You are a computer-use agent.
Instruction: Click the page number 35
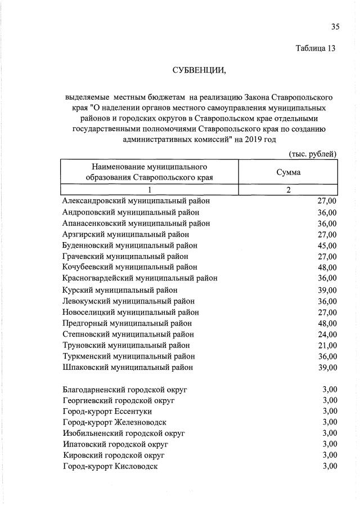point(335,27)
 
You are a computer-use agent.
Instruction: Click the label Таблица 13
point(316,48)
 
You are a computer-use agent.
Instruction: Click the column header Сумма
point(288,172)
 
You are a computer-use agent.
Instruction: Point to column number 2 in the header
point(288,190)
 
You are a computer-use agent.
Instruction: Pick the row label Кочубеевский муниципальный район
point(130,267)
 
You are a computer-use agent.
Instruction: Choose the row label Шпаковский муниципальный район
point(128,367)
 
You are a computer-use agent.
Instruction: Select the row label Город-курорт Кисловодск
point(110,466)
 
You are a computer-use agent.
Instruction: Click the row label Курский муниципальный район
point(120,290)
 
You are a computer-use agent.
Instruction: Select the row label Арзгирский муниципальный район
point(125,234)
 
